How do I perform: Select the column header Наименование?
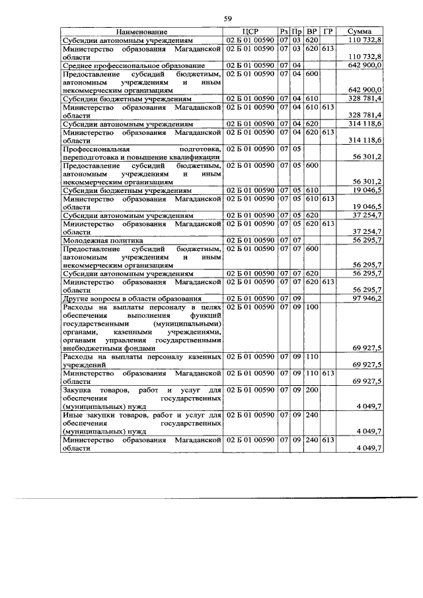point(142,32)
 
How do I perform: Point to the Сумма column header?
point(363,32)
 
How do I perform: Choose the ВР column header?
point(311,32)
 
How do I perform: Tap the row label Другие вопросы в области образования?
point(126,299)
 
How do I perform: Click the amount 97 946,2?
point(364,299)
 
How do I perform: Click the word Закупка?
point(77,390)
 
